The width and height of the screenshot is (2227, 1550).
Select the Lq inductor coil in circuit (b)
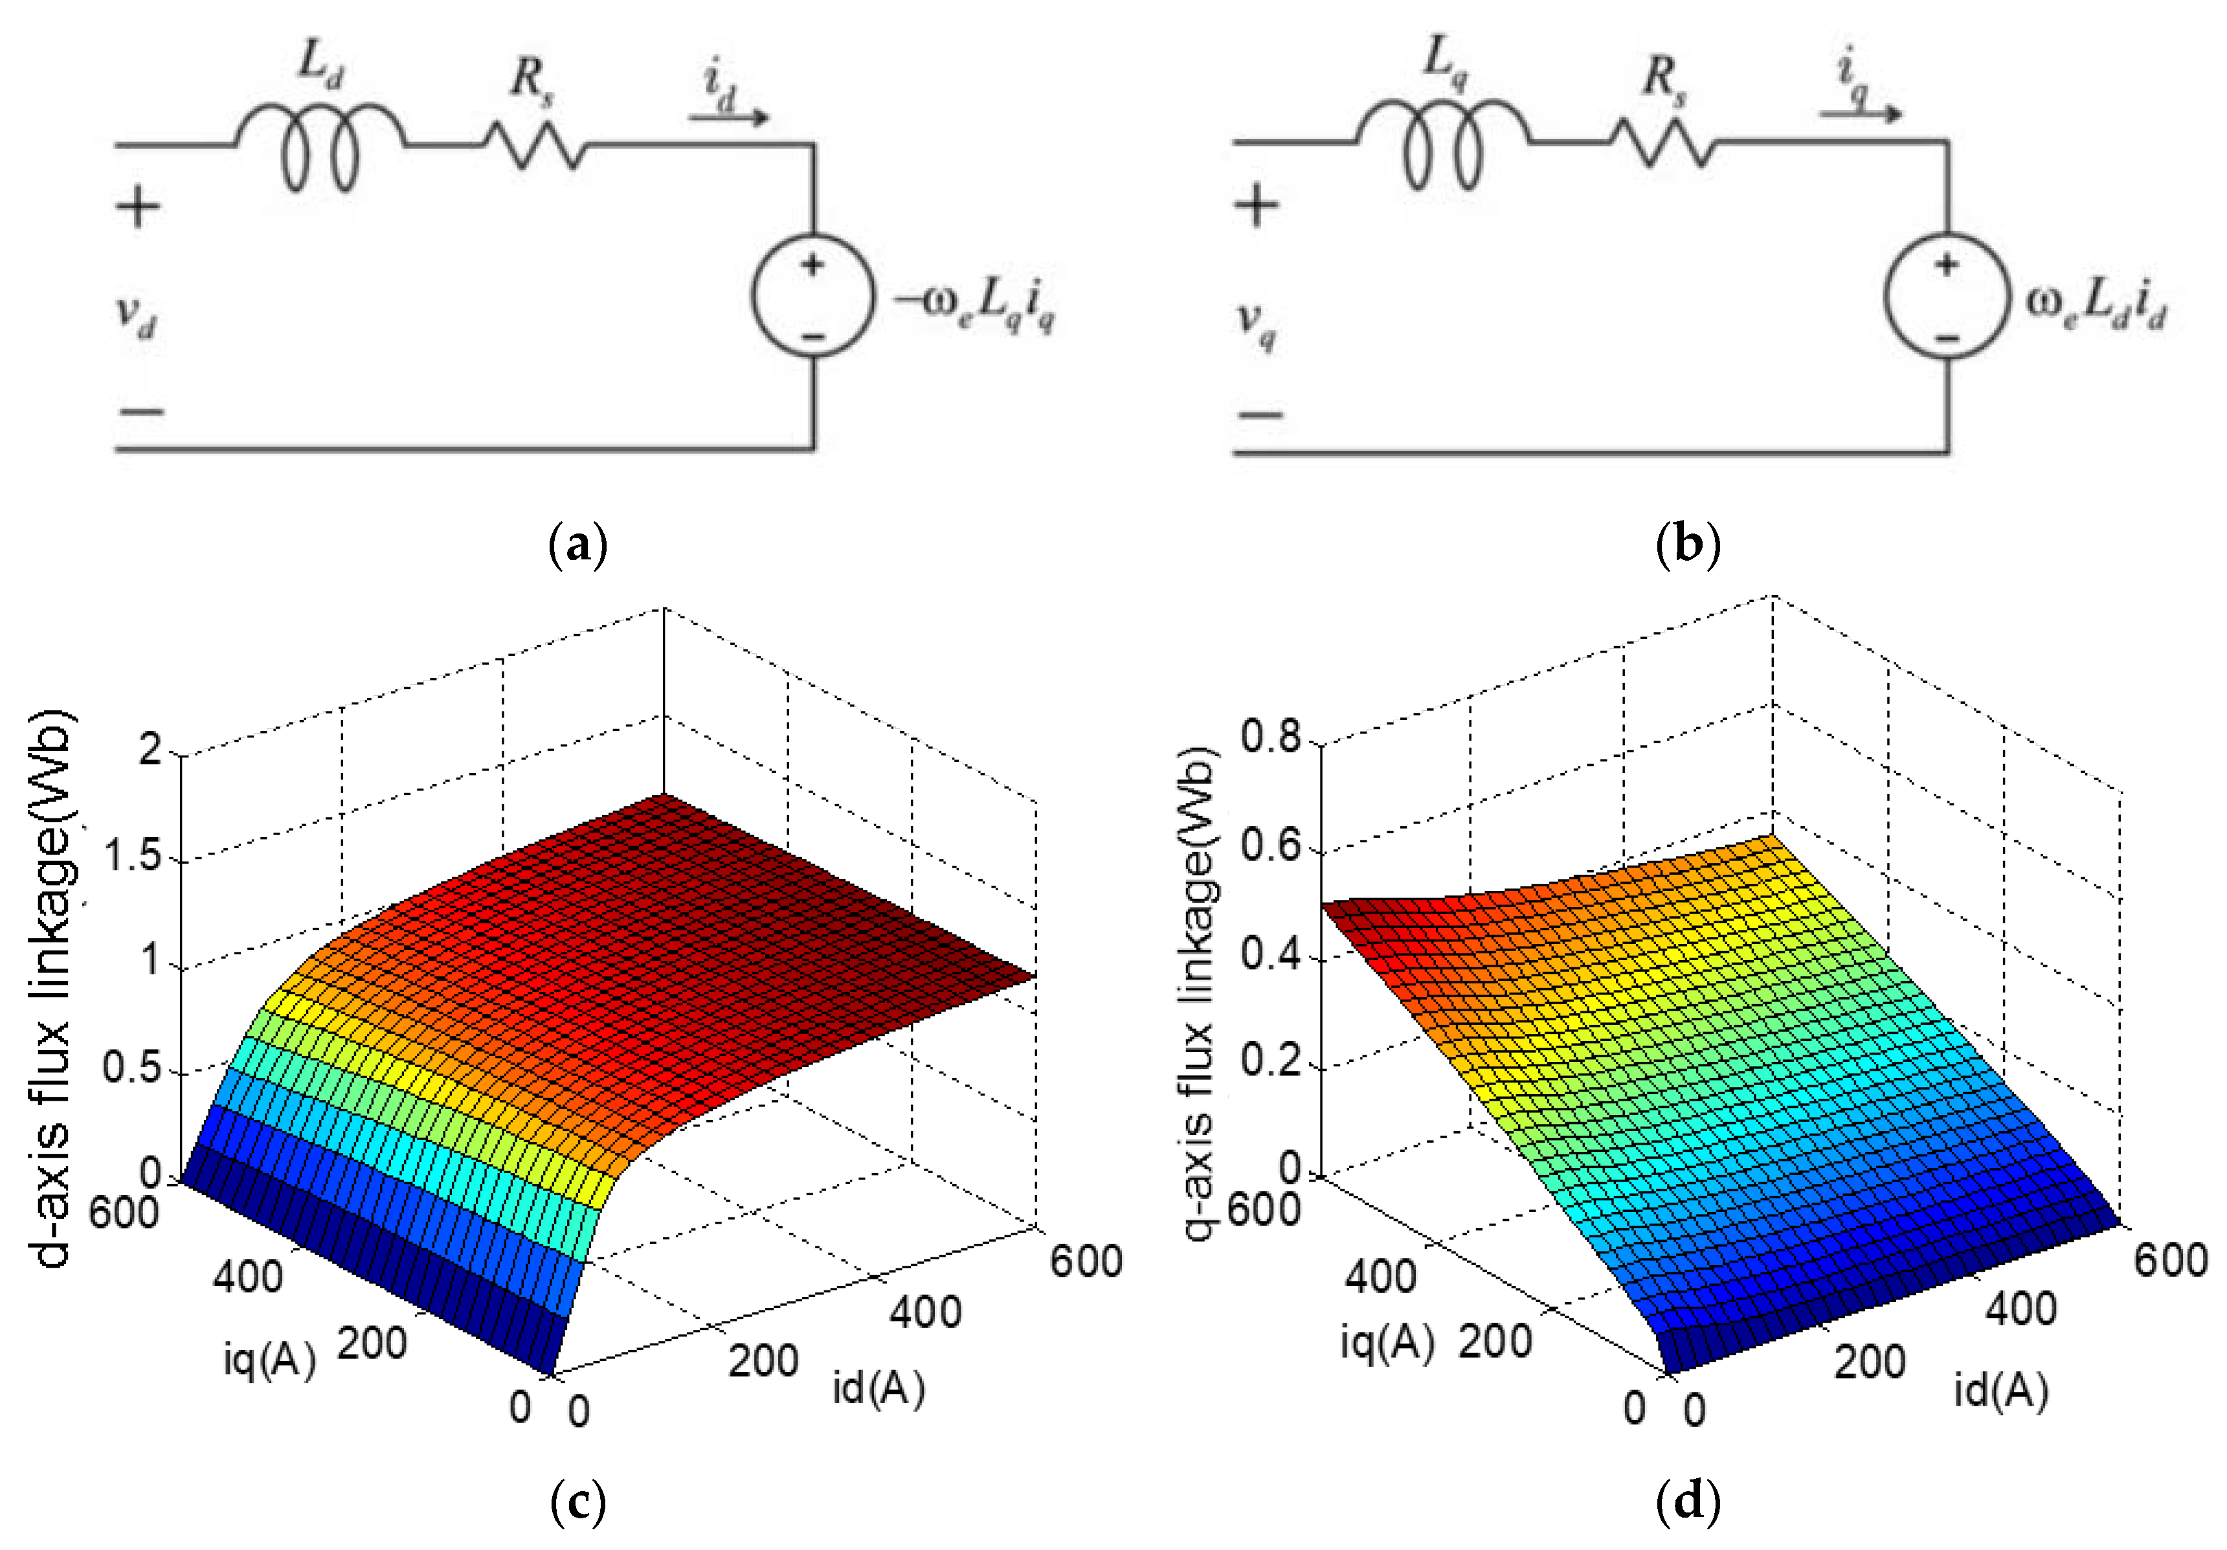click(x=1442, y=146)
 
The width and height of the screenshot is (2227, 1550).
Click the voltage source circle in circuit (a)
click(x=813, y=296)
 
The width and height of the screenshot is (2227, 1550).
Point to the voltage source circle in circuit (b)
click(x=1946, y=296)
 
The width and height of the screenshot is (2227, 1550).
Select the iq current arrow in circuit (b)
click(x=1861, y=113)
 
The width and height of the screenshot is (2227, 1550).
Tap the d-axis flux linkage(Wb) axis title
click(x=50, y=989)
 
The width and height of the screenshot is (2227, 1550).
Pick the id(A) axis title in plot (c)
click(x=878, y=1389)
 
